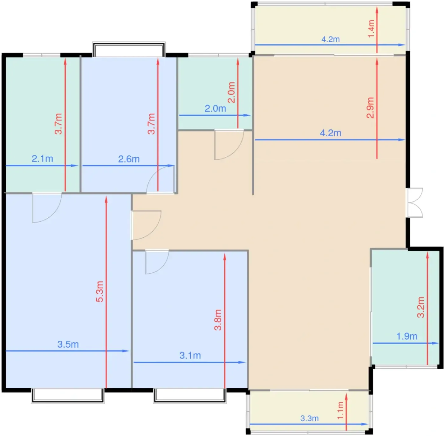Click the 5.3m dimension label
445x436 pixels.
tap(100, 291)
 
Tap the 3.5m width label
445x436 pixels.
tap(68, 344)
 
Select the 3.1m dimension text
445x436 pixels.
tap(190, 355)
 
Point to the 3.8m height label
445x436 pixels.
tap(218, 320)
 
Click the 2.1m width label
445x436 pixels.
tap(43, 159)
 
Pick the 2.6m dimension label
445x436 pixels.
tap(129, 159)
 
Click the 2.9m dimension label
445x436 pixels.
tap(370, 108)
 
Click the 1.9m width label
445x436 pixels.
tap(407, 336)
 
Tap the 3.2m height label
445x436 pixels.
tap(421, 307)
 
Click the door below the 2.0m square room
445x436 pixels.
tap(229, 145)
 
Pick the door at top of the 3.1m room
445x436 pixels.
tap(157, 262)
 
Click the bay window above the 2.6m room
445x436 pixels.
tap(129, 49)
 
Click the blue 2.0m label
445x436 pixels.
tap(215, 109)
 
